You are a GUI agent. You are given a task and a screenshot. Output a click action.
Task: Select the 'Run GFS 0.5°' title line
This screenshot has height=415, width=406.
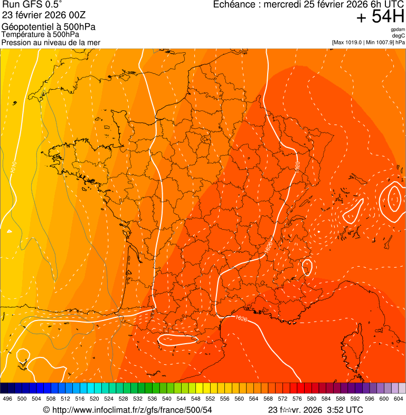coord(32,5)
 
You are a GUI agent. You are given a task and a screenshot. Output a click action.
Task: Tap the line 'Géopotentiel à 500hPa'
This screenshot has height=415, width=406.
coord(49,27)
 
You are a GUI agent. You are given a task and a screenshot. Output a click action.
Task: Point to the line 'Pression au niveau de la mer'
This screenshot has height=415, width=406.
coord(51,42)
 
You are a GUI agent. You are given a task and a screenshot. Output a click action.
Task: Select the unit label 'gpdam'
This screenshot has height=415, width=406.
coord(398,30)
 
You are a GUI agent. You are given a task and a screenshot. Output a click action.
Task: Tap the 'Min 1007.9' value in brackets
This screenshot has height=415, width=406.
coord(380,42)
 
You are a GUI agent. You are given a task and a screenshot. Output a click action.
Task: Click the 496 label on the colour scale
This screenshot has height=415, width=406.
coord(7,399)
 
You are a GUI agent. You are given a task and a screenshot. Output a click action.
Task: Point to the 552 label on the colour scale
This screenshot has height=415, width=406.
coord(210,399)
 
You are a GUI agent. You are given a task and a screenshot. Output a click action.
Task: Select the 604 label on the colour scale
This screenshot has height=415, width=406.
coord(399,399)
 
